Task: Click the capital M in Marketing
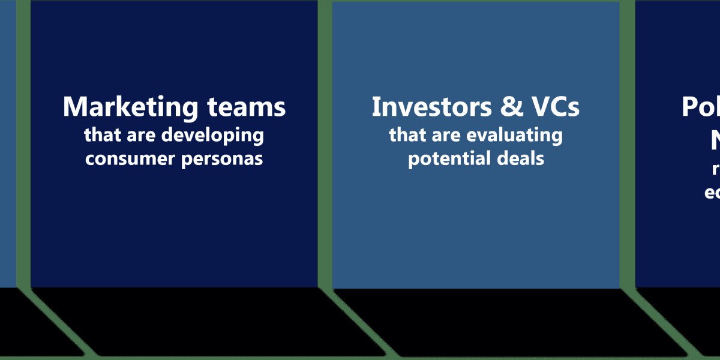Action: point(74,107)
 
